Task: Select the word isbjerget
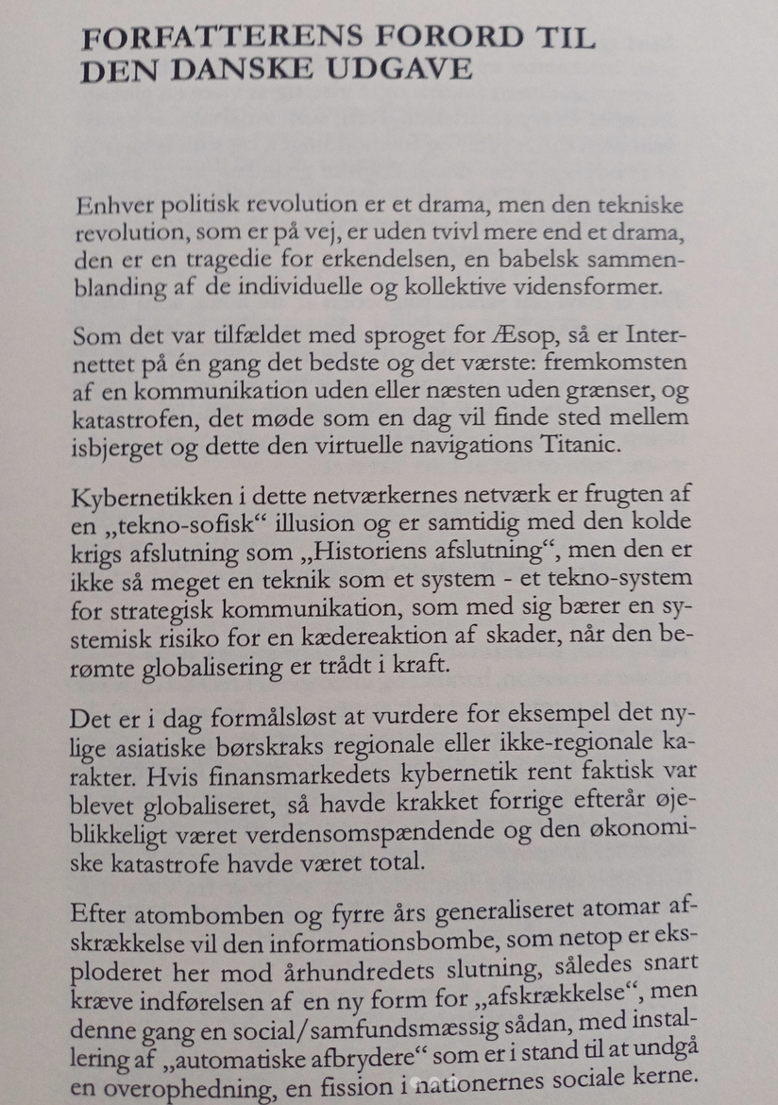(x=121, y=445)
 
